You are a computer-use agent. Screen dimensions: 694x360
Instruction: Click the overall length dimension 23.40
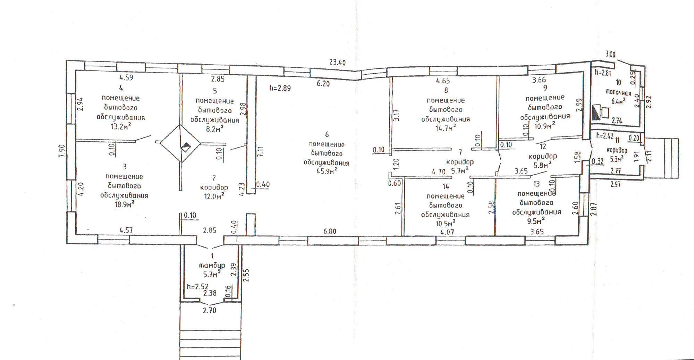[337, 62]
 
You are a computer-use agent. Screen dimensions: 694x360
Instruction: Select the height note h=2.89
[280, 88]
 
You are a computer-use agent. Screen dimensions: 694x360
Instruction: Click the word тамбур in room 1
[212, 266]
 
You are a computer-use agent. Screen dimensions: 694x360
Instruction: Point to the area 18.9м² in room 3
[124, 204]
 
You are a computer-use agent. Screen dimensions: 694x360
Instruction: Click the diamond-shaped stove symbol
[180, 143]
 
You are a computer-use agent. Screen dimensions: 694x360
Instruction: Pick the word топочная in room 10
[618, 93]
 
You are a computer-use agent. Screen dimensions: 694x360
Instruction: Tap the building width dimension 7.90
[61, 151]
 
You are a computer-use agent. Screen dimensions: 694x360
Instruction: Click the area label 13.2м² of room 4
[121, 126]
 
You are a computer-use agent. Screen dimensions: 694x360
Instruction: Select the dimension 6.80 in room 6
[330, 231]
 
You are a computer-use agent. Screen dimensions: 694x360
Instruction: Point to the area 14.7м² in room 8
[446, 128]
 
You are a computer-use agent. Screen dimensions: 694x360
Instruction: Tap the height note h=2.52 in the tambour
[197, 286]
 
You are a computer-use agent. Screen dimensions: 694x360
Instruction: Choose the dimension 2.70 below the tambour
[210, 310]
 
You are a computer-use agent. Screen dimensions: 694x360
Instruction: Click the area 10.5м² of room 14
[445, 223]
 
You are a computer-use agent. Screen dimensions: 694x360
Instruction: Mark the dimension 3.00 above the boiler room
[610, 55]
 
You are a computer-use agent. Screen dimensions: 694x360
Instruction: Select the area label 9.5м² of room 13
[536, 220]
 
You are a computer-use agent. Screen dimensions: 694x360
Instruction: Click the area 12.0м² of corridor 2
[214, 196]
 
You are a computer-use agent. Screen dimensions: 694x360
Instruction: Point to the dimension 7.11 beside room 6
[261, 152]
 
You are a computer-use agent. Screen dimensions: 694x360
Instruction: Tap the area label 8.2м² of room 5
[214, 129]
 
